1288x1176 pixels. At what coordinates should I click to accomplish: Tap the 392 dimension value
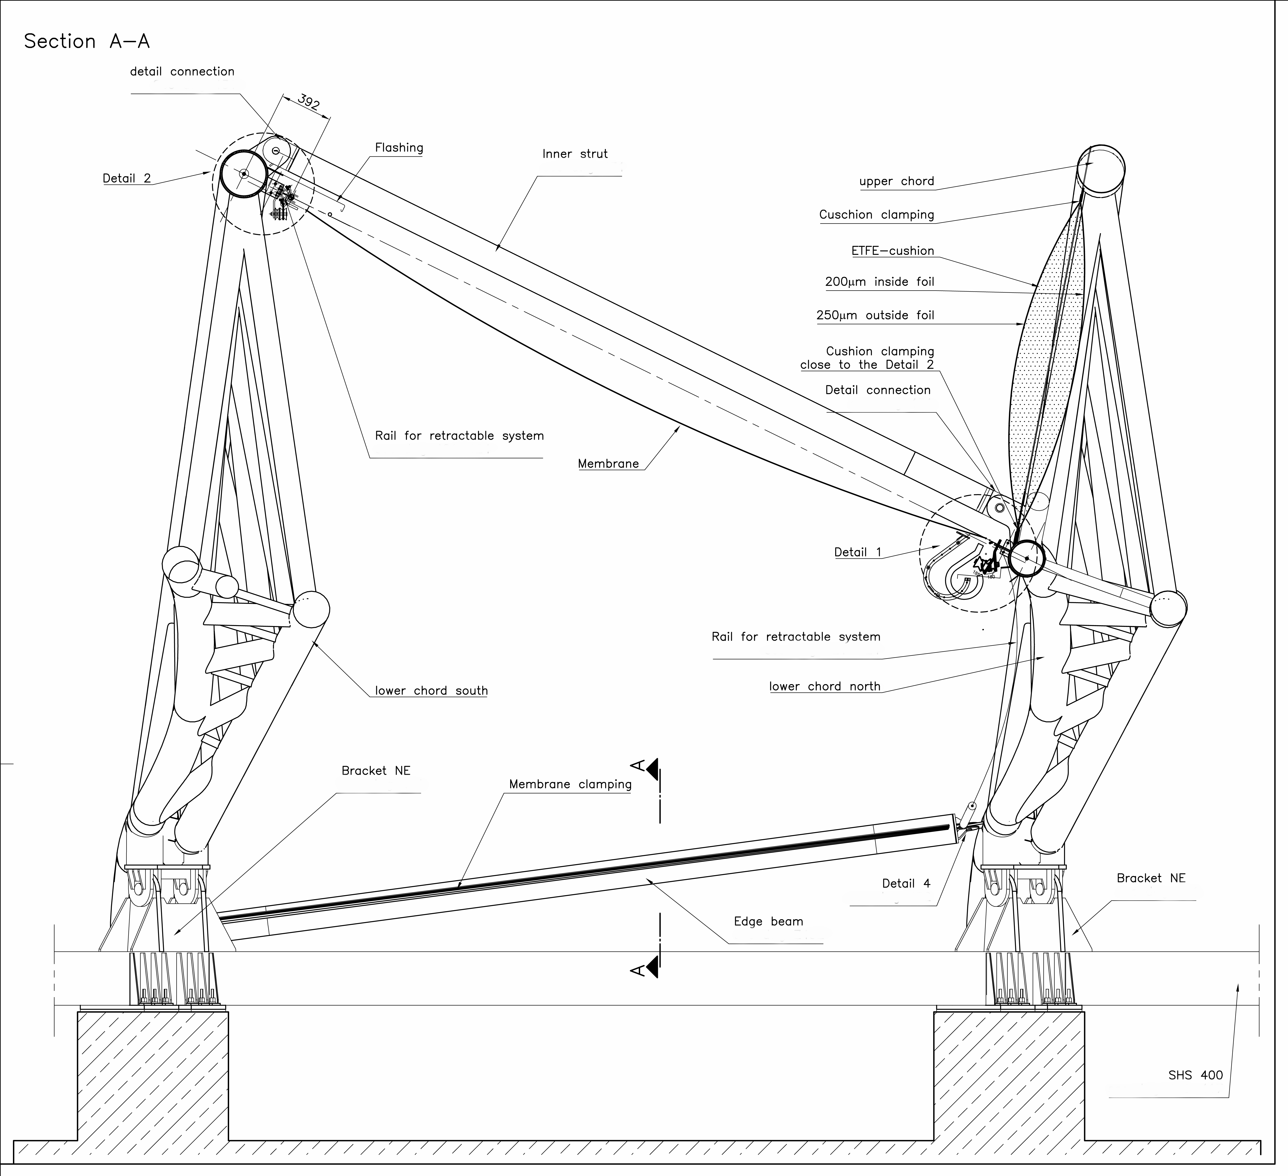[309, 103]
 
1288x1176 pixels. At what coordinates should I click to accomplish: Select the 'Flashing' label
[399, 148]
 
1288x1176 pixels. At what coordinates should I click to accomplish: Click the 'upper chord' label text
[896, 181]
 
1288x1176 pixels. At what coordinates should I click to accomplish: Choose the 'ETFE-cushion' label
[892, 251]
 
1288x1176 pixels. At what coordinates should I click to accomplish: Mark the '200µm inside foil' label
[879, 282]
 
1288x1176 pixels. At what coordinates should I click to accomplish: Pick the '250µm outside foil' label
[875, 316]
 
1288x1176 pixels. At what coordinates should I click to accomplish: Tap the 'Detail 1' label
[857, 552]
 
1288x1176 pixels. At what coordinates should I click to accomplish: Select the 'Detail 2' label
[126, 178]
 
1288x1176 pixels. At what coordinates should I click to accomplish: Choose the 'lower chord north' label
[824, 687]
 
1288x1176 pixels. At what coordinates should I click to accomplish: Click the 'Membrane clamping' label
[570, 784]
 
